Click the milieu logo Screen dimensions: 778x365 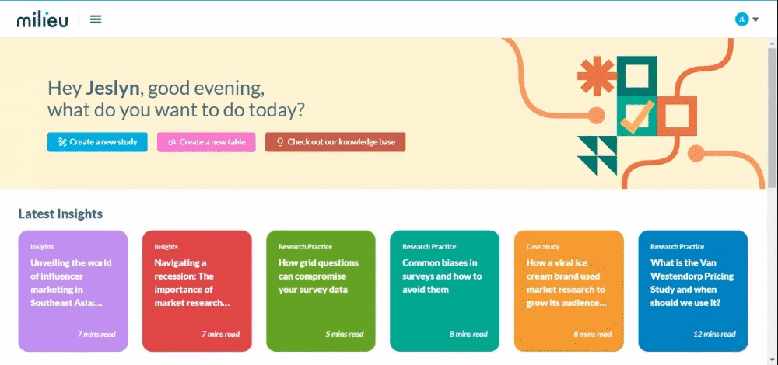tap(42, 20)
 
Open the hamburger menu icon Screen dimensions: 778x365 tap(96, 19)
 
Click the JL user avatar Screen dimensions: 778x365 tap(741, 19)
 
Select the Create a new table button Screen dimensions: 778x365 tap(206, 142)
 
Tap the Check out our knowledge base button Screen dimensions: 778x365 tap(335, 142)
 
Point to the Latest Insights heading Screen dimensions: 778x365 tap(61, 214)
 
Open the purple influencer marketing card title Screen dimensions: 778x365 tap(71, 283)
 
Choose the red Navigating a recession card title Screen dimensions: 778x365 tap(192, 283)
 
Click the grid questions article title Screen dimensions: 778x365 tap(318, 276)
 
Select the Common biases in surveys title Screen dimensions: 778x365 tap(442, 276)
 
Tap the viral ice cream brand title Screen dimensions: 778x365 tap(566, 283)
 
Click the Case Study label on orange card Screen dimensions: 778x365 tap(543, 247)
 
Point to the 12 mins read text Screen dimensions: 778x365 tap(714, 334)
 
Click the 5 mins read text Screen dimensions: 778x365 tap(345, 334)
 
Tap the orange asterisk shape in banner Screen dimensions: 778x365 tap(597, 76)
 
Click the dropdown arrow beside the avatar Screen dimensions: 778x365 tap(755, 20)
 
